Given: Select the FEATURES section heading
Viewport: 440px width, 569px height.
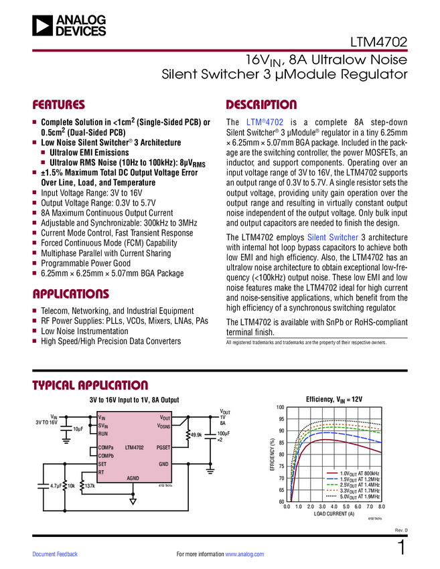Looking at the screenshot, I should pos(59,105).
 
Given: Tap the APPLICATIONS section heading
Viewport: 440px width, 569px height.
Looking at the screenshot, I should pos(71,294).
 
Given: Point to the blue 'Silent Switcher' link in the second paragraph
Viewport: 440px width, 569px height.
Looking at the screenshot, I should pos(332,237).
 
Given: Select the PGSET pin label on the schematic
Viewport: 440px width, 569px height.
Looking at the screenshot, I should pos(163,447).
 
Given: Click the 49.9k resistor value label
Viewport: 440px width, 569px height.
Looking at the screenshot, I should pos(196,435).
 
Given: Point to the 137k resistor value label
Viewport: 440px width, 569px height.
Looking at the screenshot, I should pos(90,486).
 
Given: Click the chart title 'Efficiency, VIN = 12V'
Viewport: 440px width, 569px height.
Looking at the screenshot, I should pos(333,399).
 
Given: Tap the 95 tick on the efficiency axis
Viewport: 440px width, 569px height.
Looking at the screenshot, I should pos(280,419).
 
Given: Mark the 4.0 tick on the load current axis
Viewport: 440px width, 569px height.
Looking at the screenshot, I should pos(334,507).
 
